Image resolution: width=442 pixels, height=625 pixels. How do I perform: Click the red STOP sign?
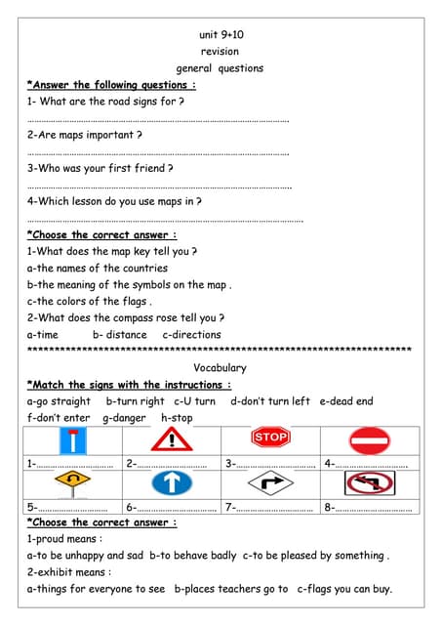[x=270, y=437]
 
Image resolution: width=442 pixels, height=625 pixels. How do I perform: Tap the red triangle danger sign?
[x=172, y=438]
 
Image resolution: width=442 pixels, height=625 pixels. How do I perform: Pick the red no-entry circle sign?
[x=369, y=439]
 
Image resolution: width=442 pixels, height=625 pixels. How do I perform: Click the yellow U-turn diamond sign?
[x=73, y=483]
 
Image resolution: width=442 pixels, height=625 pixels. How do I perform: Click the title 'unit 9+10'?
[x=221, y=35]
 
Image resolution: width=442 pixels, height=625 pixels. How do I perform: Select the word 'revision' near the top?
[x=220, y=52]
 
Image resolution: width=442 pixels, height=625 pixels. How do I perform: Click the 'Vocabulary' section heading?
[x=220, y=368]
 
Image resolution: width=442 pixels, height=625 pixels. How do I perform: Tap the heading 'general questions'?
[x=220, y=68]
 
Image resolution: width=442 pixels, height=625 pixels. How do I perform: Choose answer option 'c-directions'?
[x=191, y=335]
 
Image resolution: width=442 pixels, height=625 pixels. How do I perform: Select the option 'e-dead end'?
[x=345, y=401]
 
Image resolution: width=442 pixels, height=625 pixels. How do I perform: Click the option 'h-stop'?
[x=177, y=418]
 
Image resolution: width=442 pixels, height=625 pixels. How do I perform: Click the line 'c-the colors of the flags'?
[x=89, y=302]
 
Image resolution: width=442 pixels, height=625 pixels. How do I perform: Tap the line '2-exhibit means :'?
[x=69, y=572]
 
